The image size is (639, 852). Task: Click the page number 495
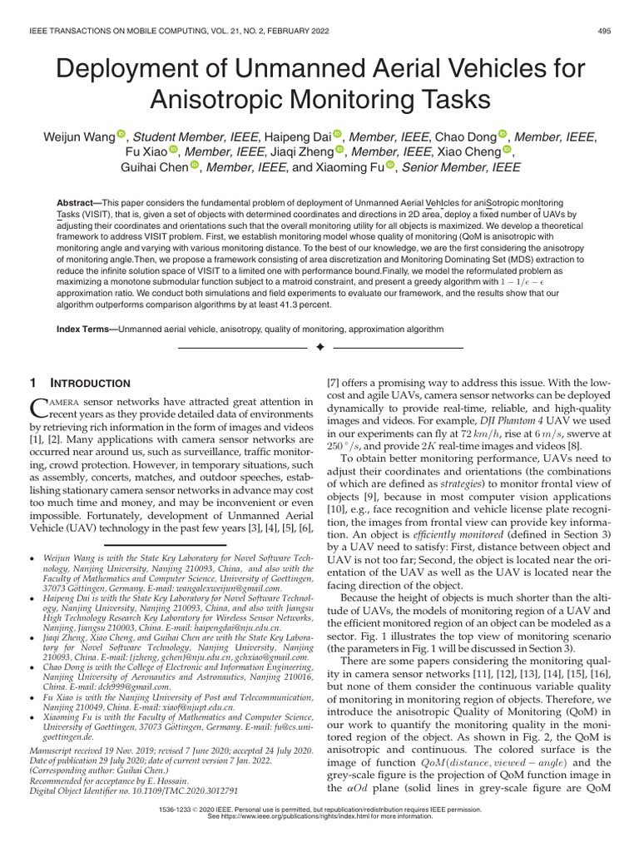tap(606, 32)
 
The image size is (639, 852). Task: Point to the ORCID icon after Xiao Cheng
tap(508, 151)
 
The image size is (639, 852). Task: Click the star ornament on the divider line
tap(319, 346)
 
